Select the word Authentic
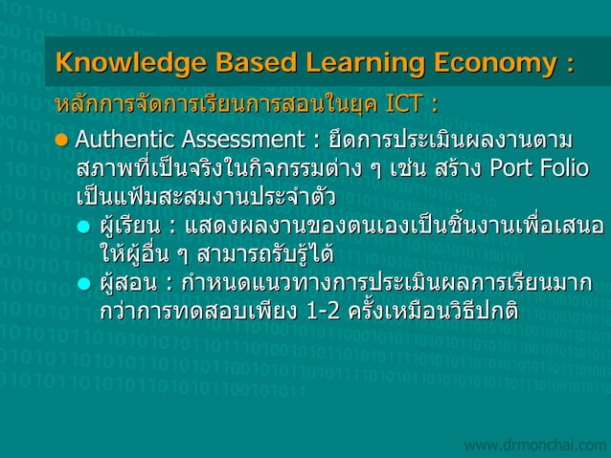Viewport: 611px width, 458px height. click(120, 142)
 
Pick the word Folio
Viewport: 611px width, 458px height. click(566, 169)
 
